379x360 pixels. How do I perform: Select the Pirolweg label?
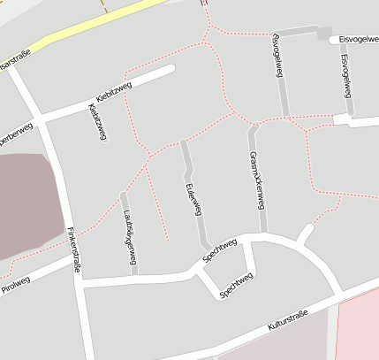[x=16, y=282]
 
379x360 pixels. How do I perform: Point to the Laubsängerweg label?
[x=130, y=236]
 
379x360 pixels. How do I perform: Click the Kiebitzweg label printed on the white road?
[x=114, y=92]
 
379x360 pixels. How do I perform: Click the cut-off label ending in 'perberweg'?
[x=16, y=136]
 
